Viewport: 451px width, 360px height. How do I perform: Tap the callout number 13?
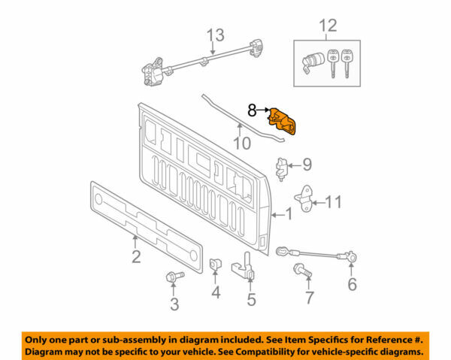216,35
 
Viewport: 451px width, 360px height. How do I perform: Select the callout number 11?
335,201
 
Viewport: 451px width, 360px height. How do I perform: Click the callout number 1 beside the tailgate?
288,215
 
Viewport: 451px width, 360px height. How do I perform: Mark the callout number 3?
174,304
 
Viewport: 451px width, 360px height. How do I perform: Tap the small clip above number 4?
215,265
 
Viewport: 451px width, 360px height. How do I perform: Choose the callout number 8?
253,110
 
